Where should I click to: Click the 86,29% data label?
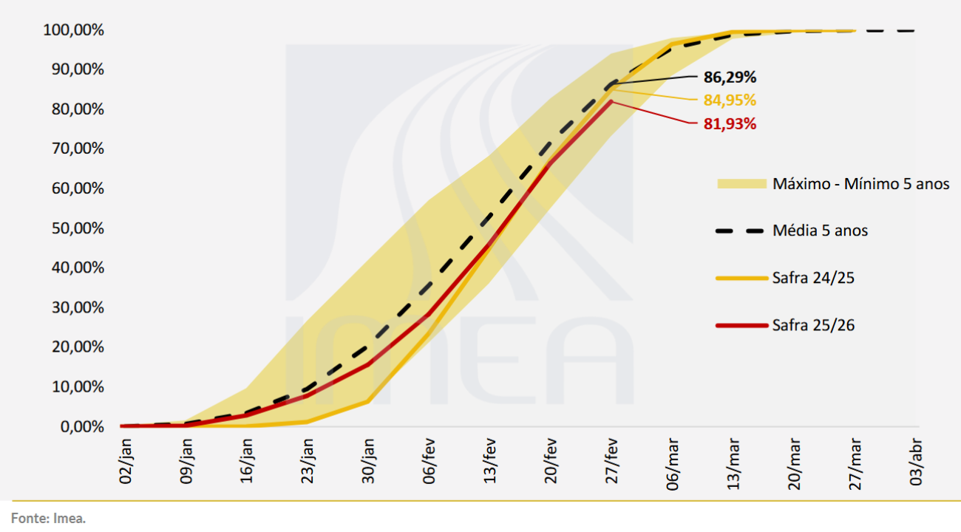[724, 77]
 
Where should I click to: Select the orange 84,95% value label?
[724, 100]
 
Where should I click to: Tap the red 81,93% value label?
[724, 124]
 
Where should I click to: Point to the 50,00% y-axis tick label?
[73, 228]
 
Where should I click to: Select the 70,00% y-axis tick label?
[73, 149]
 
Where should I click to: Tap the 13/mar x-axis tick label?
[733, 459]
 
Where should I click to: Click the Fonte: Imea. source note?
[48, 518]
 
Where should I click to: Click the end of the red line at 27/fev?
[611, 101]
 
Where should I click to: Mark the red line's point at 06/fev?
[429, 314]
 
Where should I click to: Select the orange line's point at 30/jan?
[368, 401]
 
